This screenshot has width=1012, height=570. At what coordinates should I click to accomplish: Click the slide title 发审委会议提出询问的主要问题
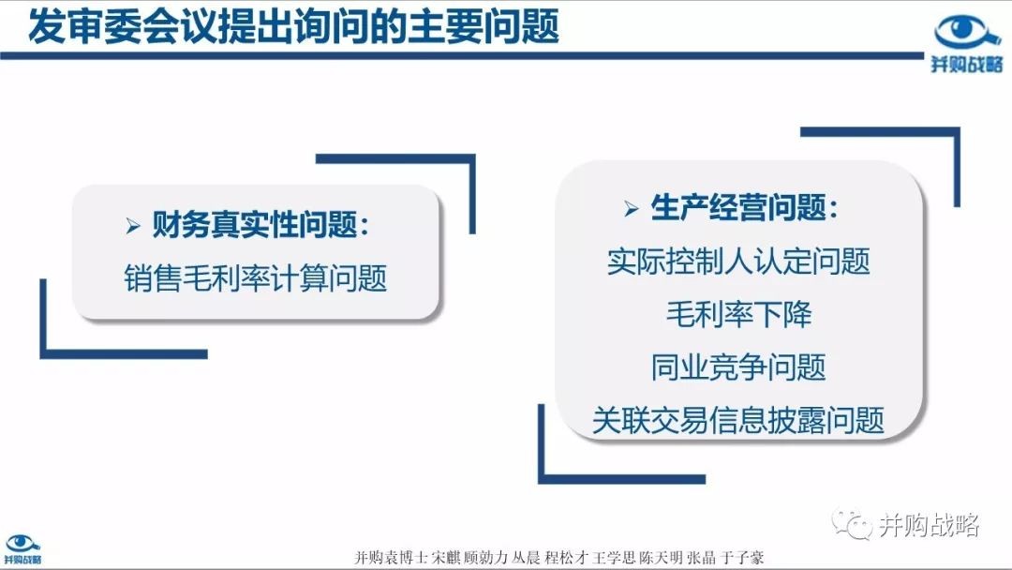point(293,27)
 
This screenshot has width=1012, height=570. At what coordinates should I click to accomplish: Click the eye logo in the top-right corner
point(967,32)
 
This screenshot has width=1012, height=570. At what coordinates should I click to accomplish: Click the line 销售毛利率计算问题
point(256,278)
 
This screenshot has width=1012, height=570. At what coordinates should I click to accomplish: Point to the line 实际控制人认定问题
point(738,262)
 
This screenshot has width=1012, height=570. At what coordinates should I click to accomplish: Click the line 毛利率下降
point(739,314)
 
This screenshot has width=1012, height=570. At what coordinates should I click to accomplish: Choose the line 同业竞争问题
point(738,367)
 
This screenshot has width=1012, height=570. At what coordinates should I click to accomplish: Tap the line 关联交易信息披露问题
point(738,420)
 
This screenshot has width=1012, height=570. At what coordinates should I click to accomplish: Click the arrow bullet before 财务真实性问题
point(133,226)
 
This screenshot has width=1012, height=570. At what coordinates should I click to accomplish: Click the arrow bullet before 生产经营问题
point(632,208)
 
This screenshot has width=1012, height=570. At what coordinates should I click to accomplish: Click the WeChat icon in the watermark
point(851,523)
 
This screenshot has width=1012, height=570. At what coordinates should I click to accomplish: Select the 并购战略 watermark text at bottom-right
point(929,525)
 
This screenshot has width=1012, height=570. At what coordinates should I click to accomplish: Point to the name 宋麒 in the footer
point(445,558)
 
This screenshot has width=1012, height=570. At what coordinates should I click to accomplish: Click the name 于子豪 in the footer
point(742,558)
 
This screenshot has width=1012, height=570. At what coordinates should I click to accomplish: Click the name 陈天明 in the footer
point(661,558)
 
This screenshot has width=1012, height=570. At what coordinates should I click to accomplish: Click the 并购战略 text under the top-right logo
point(967,64)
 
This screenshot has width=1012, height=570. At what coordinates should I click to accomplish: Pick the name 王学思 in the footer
point(614,558)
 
